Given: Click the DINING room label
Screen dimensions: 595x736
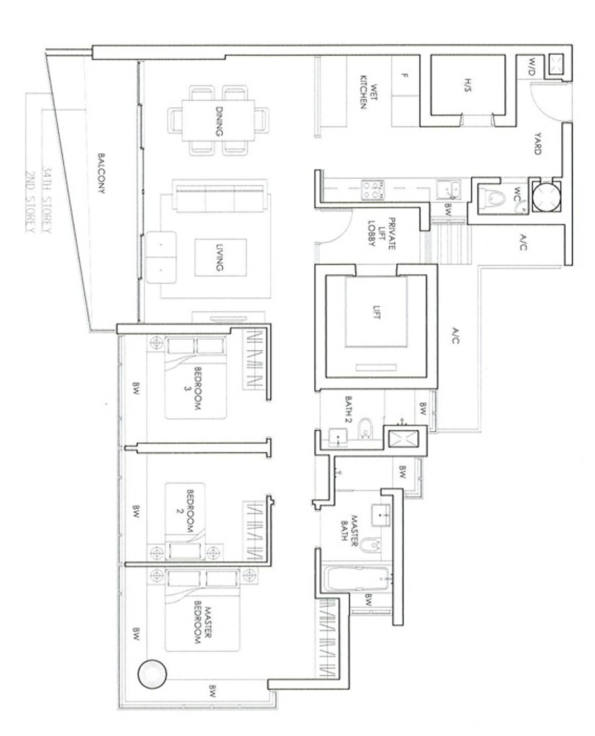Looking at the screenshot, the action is tap(219, 121).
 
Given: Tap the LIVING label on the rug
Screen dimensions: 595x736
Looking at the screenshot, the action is tap(219, 258).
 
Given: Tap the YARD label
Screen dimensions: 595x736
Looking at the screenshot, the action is tap(537, 143).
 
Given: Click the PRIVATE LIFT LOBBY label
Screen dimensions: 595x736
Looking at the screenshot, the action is tap(382, 233).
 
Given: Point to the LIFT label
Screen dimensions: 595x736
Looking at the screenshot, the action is tap(376, 312).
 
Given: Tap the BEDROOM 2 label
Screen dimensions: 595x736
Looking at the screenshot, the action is tap(184, 511).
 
